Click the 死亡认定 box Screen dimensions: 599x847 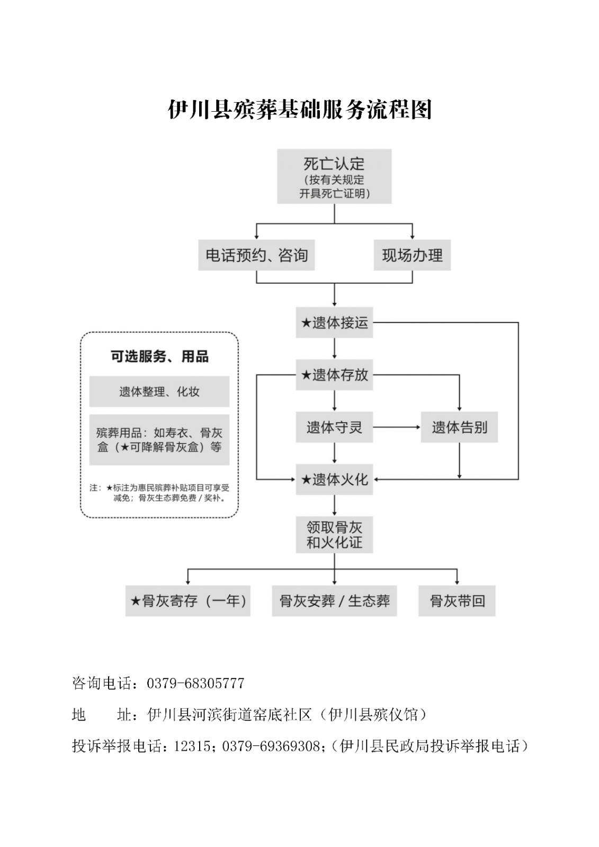334,176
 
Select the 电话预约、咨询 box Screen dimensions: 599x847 256,255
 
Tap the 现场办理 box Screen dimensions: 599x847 412,255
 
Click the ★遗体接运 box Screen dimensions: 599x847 334,322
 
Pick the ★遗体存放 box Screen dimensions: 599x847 334,375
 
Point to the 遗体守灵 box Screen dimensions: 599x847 334,427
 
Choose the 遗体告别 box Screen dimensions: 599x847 459,427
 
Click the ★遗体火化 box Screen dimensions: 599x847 334,480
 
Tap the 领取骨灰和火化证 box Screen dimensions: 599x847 334,535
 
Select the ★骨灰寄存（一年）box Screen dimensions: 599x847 187,601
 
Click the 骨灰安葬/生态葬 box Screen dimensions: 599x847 334,601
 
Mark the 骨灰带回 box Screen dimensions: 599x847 457,601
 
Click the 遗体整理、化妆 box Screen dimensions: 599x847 159,391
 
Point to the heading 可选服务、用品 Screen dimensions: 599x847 159,356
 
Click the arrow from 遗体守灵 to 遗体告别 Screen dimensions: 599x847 397,427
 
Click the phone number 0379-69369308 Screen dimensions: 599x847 271,746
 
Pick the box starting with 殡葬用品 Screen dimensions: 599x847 159,440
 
